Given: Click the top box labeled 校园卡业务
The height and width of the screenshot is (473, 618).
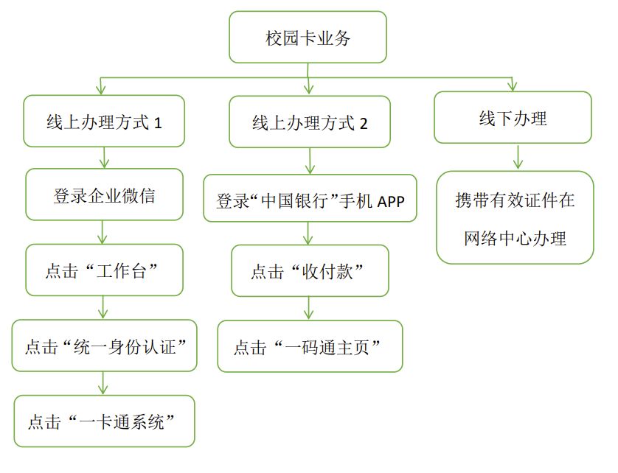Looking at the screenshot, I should [x=308, y=38].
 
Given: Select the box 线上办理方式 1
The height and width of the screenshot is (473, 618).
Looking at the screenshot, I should [x=104, y=121].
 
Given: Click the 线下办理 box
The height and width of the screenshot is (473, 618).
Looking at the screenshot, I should [x=513, y=117].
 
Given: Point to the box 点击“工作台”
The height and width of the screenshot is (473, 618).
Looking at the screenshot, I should [x=104, y=270].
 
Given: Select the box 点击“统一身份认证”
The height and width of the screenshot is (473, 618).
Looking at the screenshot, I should [x=104, y=346].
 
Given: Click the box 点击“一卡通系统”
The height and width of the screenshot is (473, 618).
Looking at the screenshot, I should [x=104, y=421].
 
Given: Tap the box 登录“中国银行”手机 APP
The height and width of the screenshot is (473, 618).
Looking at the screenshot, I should [x=310, y=198].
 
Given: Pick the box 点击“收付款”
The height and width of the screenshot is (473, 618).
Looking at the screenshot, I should [x=310, y=271].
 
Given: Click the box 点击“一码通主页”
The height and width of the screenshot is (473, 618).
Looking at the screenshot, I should [x=310, y=346].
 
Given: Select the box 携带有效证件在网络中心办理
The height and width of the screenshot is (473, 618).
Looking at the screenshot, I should [x=515, y=218].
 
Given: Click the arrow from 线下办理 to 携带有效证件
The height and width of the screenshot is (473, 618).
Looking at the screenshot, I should [x=518, y=157].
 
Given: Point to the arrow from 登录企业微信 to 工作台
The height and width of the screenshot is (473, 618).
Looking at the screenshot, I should [x=103, y=232].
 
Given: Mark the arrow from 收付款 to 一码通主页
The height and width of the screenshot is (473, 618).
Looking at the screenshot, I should [x=309, y=309].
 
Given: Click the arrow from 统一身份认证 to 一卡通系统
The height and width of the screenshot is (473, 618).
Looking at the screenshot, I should [x=103, y=383].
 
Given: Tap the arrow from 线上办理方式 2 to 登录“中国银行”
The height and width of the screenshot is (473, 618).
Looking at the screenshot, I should [x=309, y=161].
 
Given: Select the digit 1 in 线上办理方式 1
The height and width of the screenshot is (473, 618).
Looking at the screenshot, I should [x=158, y=122].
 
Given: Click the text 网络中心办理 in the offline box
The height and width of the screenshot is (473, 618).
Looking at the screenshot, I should [x=515, y=238].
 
